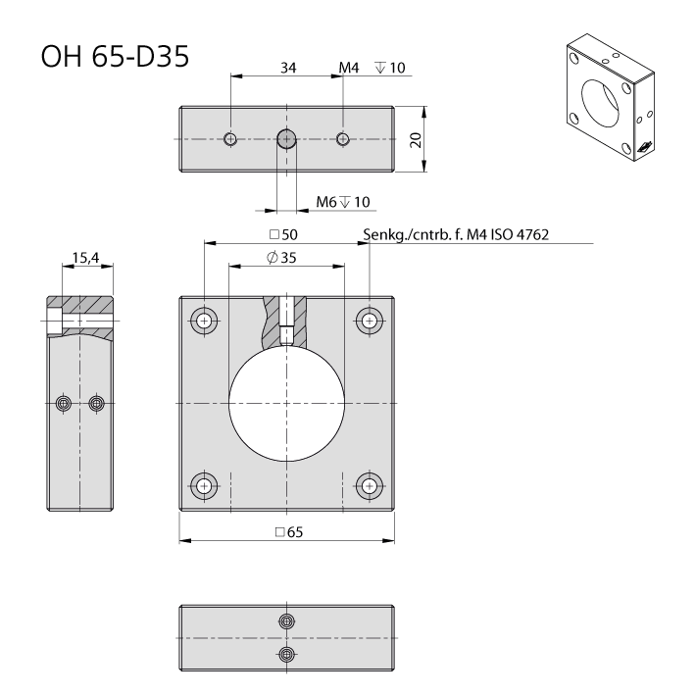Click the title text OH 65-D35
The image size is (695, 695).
pos(115,56)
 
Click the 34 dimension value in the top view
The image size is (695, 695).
pos(288,68)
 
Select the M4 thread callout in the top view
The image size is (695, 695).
pos(348,68)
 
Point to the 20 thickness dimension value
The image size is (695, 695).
pos(416,139)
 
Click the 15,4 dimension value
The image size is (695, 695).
pos(85,258)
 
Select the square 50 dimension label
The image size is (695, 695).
pos(283,234)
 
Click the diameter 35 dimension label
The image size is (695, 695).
pos(281,258)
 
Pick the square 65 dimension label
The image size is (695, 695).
pos(289,532)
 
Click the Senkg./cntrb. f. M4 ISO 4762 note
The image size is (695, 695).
pos(456,234)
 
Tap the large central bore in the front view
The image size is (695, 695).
pos(287,403)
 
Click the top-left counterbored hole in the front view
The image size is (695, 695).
pos(204,321)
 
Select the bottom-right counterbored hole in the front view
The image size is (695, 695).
pos(370,486)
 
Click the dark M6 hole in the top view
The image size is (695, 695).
pos(287,139)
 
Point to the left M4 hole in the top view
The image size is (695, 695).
pos(230,139)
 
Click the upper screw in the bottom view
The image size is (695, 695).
pos(287,621)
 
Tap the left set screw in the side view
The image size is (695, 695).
pos(64,403)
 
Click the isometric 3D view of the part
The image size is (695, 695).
pos(611,97)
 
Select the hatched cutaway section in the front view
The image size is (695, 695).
pos(285,323)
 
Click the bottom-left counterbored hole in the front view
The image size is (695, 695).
pos(204,486)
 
